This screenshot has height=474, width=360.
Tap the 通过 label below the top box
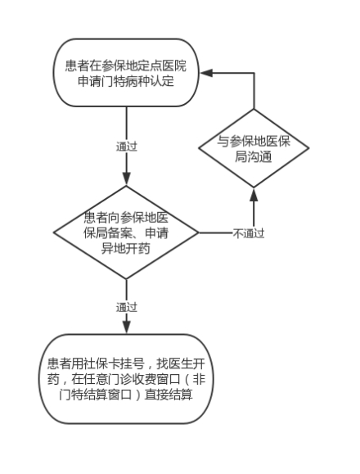[127, 147]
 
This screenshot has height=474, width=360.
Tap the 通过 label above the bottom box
[127, 308]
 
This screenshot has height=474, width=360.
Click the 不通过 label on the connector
[249, 233]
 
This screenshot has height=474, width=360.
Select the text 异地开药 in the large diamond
[126, 249]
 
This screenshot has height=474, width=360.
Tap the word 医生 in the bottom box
[181, 363]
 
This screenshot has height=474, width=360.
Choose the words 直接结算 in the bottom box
[169, 395]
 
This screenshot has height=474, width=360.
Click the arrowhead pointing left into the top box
[206, 73]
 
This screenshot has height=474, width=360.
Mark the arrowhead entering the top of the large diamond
[127, 178]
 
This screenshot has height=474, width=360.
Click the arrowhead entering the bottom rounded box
[127, 327]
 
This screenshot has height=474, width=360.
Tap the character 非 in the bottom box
[199, 379]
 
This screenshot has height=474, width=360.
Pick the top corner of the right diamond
[254, 109]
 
